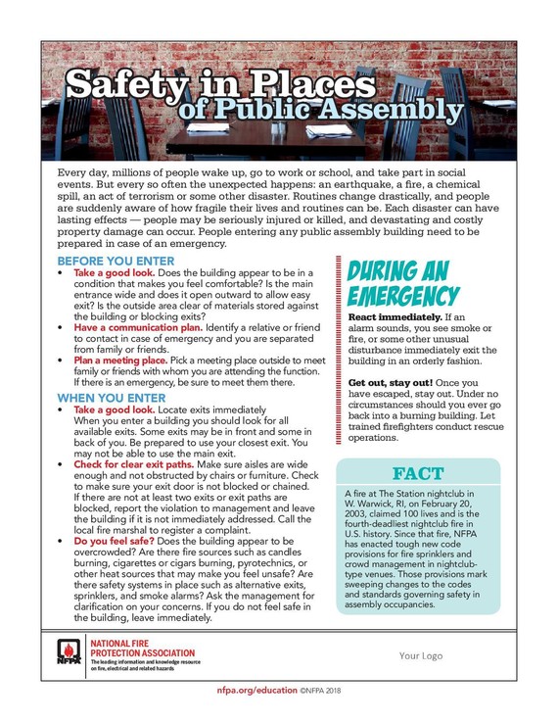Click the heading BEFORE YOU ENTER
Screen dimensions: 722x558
[116, 262]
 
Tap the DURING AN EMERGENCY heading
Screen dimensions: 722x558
[402, 282]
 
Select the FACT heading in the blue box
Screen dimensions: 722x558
[418, 474]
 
